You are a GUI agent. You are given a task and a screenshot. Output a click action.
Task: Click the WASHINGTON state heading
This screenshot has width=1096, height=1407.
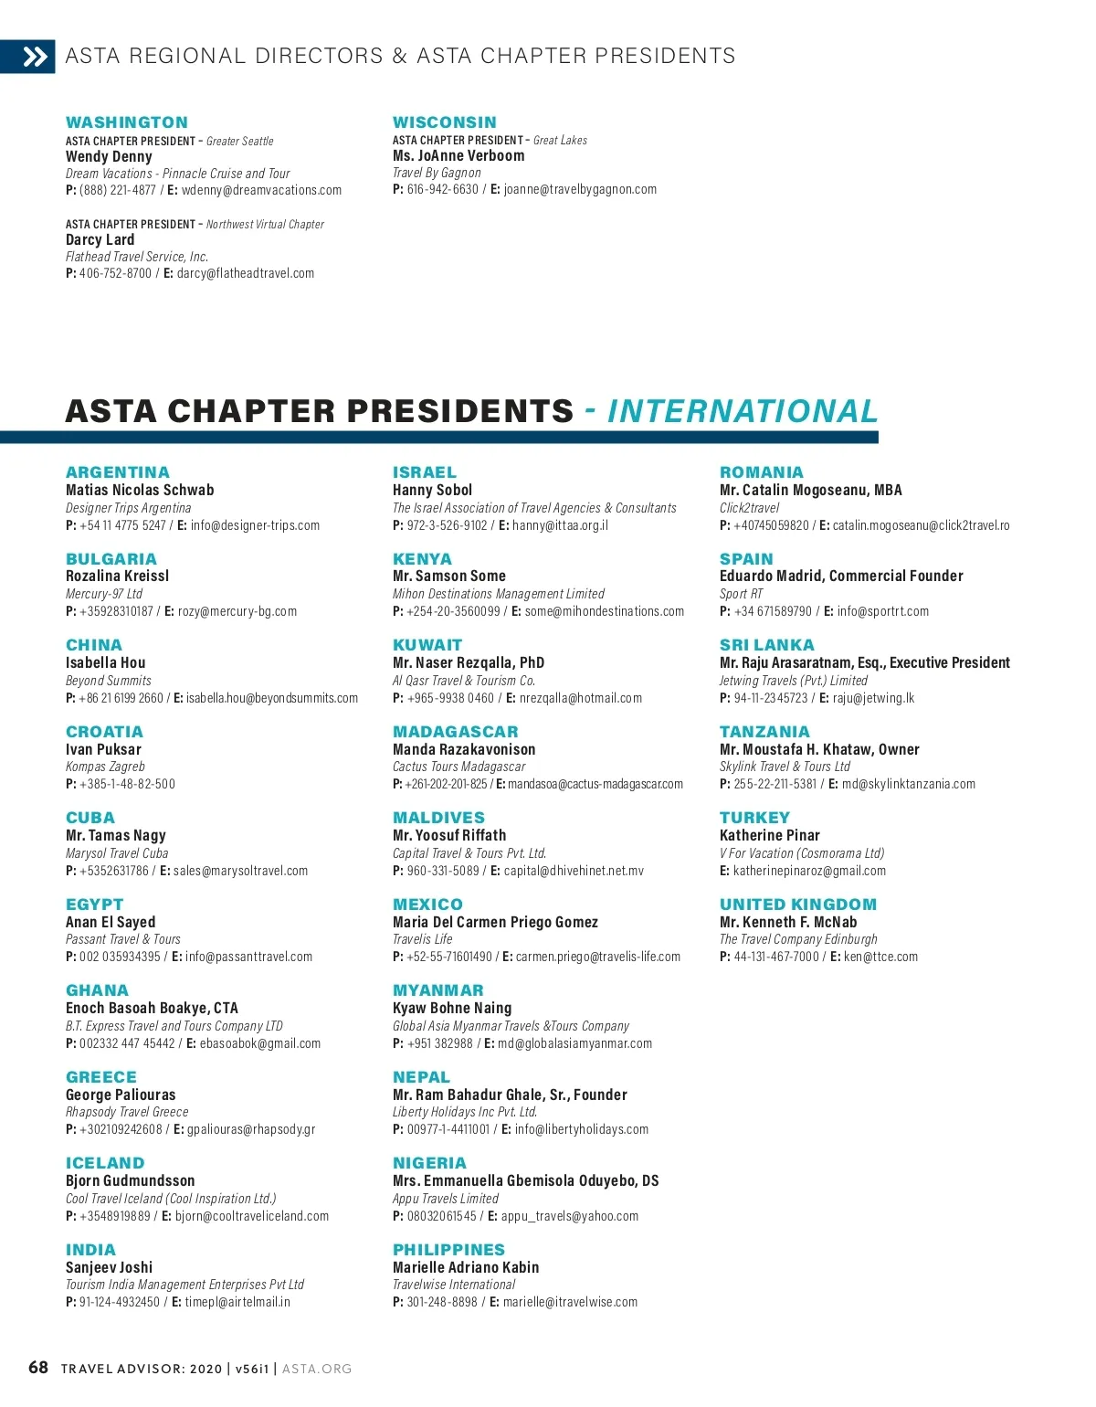coord(127,122)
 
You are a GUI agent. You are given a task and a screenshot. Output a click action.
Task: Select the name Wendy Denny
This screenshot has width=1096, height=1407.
coord(109,156)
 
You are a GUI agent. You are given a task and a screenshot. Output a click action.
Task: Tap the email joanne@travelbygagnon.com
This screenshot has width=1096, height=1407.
coord(580,189)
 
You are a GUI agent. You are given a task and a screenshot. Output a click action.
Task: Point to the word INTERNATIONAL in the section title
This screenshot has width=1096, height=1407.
coord(742,412)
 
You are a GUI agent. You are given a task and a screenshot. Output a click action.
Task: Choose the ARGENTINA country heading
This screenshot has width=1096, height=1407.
coord(118,472)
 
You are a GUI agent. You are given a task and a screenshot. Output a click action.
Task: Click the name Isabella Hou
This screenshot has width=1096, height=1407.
coord(105,662)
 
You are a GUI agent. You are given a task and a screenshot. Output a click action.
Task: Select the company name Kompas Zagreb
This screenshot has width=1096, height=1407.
coord(105,767)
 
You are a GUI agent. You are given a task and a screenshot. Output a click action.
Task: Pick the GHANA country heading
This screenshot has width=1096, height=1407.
coord(97,990)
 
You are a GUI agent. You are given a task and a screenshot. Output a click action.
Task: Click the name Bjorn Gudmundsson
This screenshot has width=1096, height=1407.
coord(130,1180)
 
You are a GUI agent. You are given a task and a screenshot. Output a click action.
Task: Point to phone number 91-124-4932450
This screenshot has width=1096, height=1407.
coord(119,1302)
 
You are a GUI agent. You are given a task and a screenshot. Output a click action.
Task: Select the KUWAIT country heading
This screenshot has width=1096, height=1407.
coord(427,645)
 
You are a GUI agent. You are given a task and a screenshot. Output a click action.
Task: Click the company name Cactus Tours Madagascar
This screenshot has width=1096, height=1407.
coord(458,767)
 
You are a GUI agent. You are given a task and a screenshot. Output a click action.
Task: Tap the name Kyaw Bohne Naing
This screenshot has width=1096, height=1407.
coord(452,1008)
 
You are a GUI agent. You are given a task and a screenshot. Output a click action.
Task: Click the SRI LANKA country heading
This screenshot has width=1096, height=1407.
coord(766,645)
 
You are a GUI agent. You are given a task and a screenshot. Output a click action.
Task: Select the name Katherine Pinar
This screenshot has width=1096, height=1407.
coord(769,835)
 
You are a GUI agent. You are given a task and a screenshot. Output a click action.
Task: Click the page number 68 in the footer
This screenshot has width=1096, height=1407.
coord(38,1368)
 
